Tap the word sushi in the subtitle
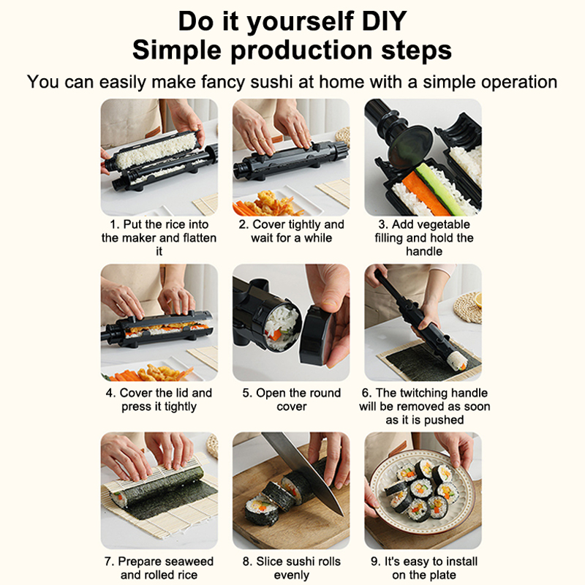271,82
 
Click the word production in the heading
301,51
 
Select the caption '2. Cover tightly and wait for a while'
291,231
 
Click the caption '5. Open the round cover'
291,399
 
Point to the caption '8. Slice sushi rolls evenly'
291,568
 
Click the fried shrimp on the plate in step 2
270,203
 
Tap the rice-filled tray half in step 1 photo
155,151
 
